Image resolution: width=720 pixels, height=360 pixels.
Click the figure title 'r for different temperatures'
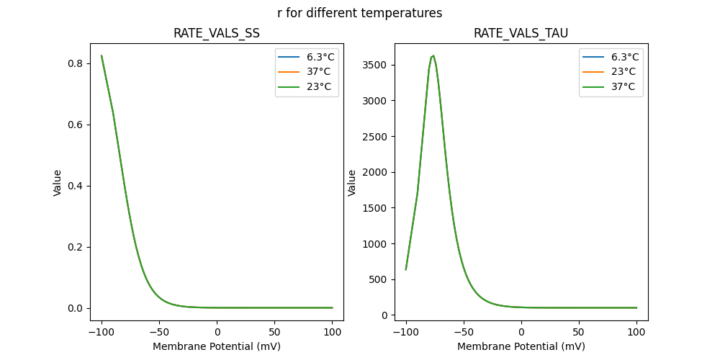pyautogui.click(x=359, y=13)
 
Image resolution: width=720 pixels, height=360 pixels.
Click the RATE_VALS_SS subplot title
pyautogui.click(x=217, y=34)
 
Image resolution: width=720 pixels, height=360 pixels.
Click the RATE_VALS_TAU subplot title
pyautogui.click(x=521, y=34)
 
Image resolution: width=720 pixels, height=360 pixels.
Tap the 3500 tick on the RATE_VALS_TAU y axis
pyautogui.click(x=379, y=65)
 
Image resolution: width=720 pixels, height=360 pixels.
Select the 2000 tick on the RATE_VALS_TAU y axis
pyautogui.click(x=379, y=172)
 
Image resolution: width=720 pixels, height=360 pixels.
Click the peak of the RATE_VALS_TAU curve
pyautogui.click(x=433, y=55)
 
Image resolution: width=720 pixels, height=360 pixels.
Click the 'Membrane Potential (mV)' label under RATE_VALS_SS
pyautogui.click(x=217, y=346)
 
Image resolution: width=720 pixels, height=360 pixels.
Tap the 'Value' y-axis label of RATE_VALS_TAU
pyautogui.click(x=353, y=182)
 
